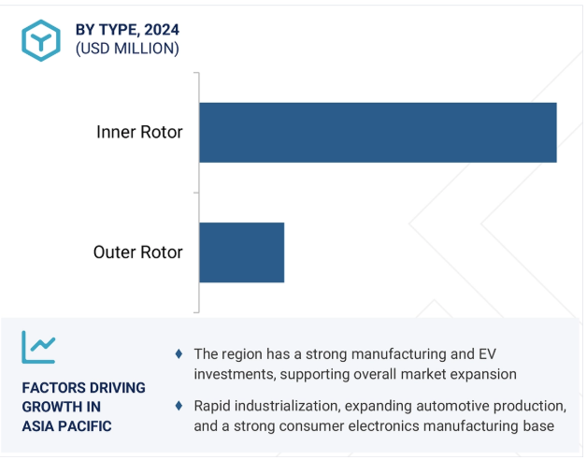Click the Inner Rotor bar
378,133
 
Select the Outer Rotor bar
241,252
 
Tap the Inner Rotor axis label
139,132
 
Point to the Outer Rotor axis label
137,252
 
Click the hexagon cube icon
41,40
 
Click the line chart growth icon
38,347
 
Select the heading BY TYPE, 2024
127,30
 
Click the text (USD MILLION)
127,49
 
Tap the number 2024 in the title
162,30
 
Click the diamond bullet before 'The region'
179,353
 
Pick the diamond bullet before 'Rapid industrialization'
179,406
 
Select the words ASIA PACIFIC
66,426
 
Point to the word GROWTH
50,407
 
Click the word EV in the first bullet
487,354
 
